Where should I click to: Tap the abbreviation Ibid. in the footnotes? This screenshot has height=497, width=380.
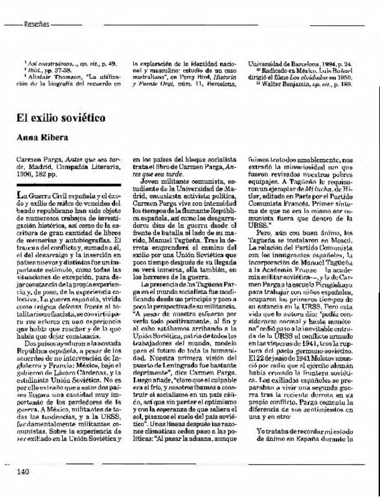click(30, 70)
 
